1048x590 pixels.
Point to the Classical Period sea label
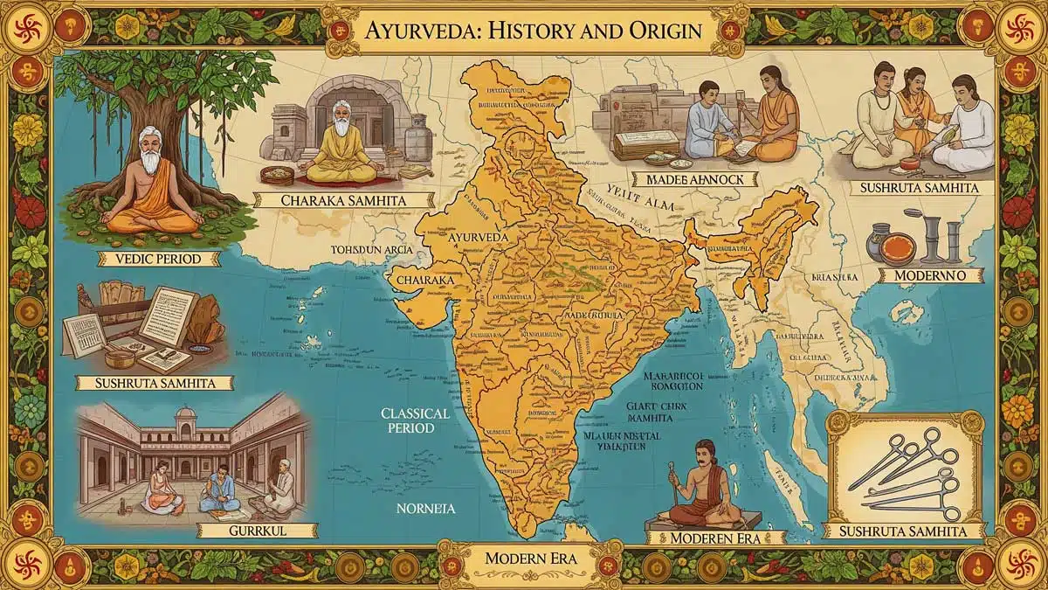pyautogui.click(x=415, y=420)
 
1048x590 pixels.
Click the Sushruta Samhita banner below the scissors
pyautogui.click(x=908, y=531)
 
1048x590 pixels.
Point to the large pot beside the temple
pyautogui.click(x=417, y=138)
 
